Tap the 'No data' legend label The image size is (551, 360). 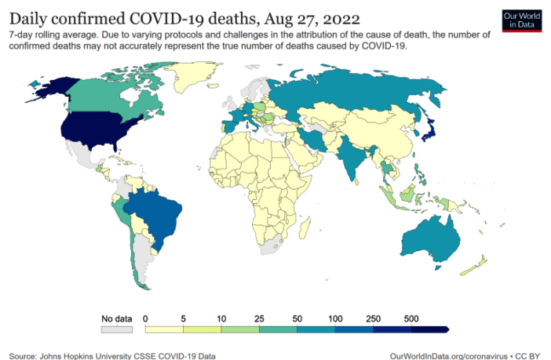pyautogui.click(x=116, y=318)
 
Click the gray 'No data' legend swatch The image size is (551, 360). pyautogui.click(x=116, y=329)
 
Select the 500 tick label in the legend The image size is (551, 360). pyautogui.click(x=411, y=318)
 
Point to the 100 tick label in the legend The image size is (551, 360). pyautogui.click(x=335, y=318)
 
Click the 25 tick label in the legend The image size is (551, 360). pyautogui.click(x=260, y=318)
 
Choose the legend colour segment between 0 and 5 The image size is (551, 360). pyautogui.click(x=165, y=329)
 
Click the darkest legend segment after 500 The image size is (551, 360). pyautogui.click(x=429, y=329)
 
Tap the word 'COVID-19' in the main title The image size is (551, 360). pyautogui.click(x=175, y=17)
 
